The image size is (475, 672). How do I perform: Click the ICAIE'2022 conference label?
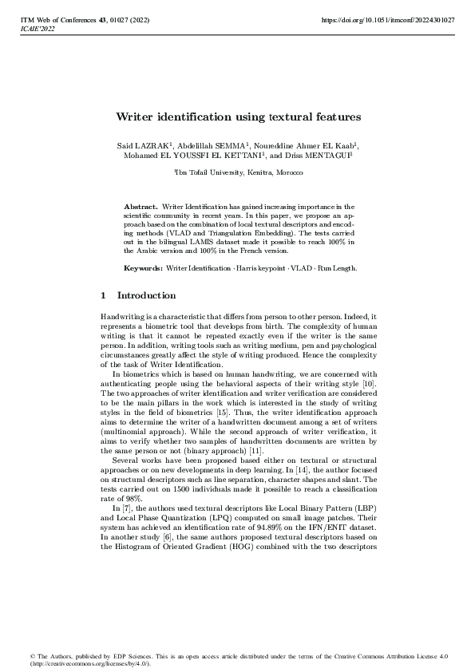tap(36, 27)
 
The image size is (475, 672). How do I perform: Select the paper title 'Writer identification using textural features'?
tap(238, 117)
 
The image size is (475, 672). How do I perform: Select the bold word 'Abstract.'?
tap(141, 207)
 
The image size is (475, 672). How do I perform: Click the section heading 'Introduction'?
tap(146, 295)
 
